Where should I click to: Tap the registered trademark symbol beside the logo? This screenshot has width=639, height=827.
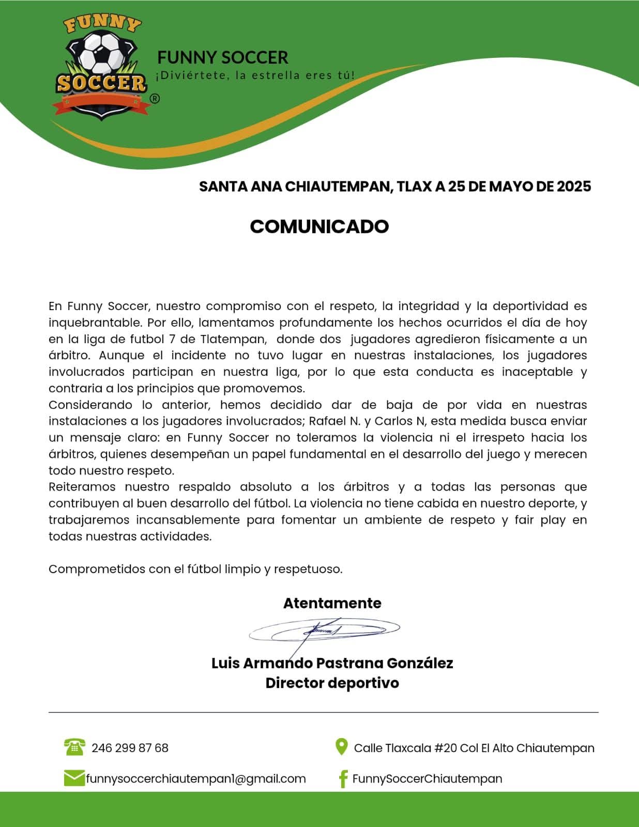click(x=154, y=98)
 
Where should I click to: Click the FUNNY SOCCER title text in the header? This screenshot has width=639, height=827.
click(x=222, y=57)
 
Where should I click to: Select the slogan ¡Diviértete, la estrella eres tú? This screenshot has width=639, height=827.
click(x=255, y=75)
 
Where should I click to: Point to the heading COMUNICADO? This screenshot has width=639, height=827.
click(x=319, y=226)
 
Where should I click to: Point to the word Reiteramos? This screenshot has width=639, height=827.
click(x=83, y=487)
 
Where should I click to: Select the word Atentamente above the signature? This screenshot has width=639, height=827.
click(x=332, y=603)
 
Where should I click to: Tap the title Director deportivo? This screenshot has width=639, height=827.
click(x=332, y=683)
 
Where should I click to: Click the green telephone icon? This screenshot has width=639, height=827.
click(x=74, y=747)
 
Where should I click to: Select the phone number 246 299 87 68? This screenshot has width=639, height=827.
click(x=130, y=748)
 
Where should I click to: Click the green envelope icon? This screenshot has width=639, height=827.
click(x=74, y=778)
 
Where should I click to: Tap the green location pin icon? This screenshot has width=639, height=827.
click(x=341, y=747)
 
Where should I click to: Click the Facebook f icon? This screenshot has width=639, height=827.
click(x=342, y=778)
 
